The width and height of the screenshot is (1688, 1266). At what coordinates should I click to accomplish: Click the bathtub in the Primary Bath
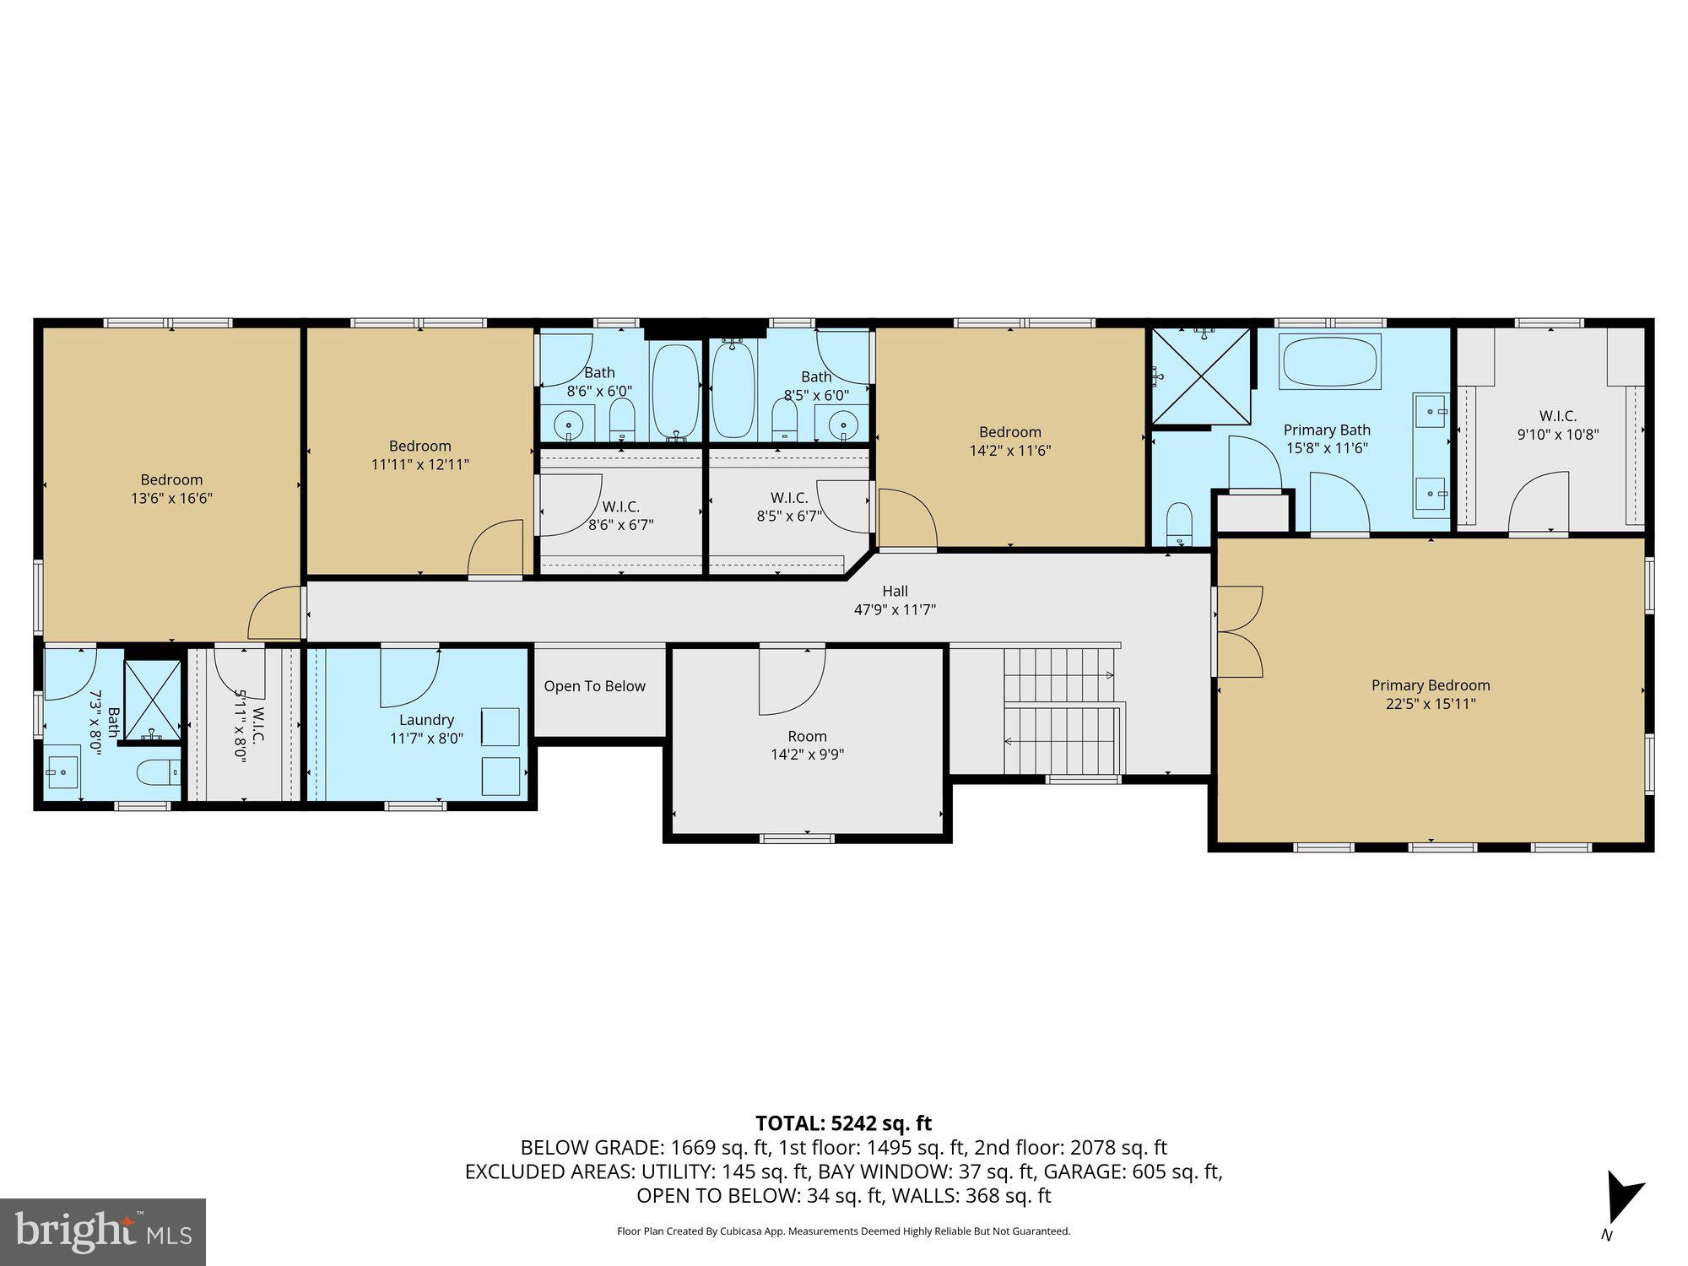(1329, 361)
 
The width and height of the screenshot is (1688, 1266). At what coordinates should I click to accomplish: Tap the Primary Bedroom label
(1430, 685)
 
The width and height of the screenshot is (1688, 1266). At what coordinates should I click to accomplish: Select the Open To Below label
(594, 686)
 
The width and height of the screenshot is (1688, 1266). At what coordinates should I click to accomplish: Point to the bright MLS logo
(102, 1232)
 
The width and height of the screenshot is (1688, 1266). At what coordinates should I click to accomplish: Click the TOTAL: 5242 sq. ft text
(843, 1123)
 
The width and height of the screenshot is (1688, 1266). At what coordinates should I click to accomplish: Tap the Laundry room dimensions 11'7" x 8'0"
(426, 738)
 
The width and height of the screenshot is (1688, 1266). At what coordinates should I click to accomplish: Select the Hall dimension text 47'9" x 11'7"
(895, 609)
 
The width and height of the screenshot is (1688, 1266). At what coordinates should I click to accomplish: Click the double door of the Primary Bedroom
(1238, 631)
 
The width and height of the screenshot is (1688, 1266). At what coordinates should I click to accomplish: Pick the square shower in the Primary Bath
(1201, 376)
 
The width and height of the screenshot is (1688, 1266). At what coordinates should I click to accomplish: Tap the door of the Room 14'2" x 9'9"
(791, 679)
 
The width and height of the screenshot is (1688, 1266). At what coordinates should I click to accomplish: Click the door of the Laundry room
(408, 676)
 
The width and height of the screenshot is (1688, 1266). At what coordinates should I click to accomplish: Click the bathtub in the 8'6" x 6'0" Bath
(676, 391)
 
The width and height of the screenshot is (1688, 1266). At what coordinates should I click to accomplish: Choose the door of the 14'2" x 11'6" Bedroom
(907, 519)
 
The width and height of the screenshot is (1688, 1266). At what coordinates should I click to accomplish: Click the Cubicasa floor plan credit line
(843, 1231)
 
